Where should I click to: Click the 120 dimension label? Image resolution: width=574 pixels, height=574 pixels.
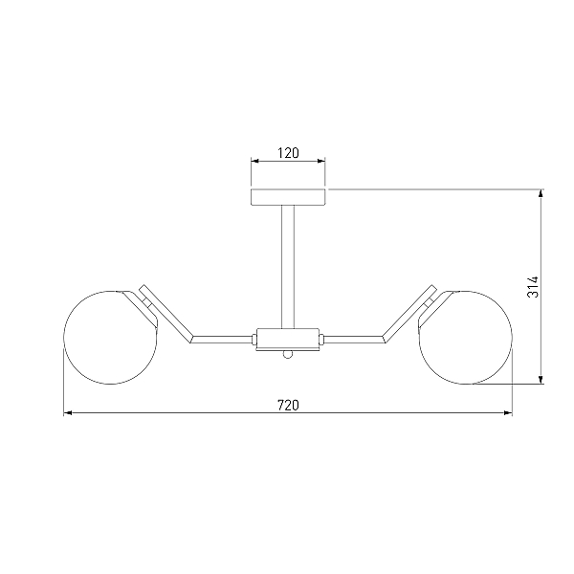point(288,153)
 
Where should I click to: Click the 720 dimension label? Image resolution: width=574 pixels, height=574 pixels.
point(288,406)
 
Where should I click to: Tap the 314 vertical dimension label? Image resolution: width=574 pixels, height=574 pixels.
point(533,287)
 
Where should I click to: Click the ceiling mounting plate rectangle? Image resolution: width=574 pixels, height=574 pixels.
point(288,197)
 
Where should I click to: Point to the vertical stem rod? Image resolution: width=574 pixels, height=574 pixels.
point(288,267)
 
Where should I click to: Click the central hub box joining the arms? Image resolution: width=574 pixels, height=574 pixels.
point(288,339)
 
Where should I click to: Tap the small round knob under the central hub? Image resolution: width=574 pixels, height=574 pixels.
point(288,354)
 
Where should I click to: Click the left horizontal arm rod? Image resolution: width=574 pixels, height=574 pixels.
point(223,340)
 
